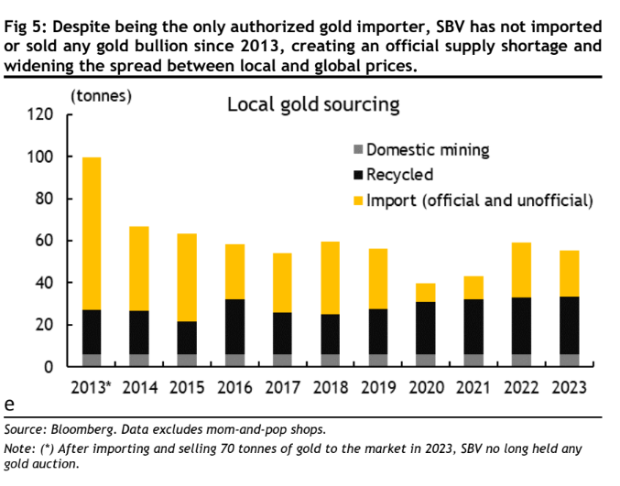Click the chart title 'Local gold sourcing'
[312, 105]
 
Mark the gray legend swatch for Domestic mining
[357, 150]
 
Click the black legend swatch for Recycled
[357, 175]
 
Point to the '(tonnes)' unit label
[101, 94]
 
